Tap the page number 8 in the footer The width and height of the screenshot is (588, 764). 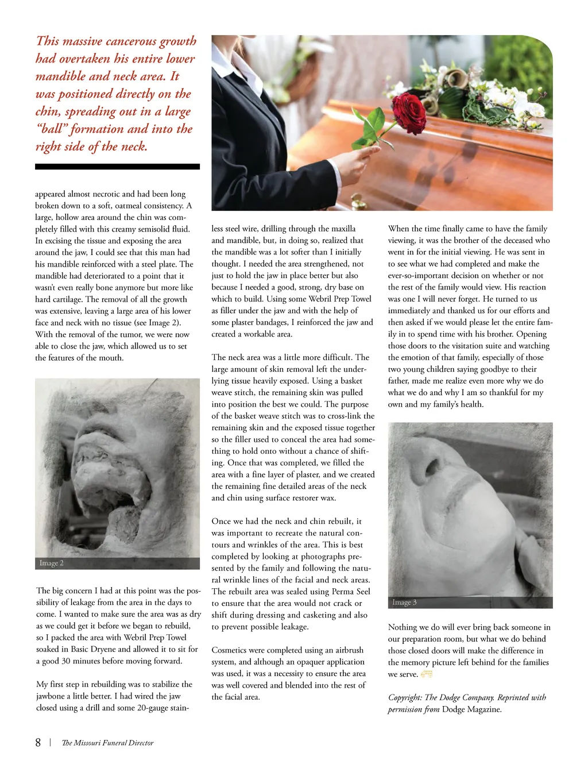[x=38, y=742]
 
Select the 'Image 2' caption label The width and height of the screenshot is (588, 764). [x=52, y=563]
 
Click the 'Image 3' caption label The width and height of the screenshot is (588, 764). [x=404, y=602]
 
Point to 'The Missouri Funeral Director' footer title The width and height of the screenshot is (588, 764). [x=107, y=743]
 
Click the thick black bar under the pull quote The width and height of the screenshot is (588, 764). [x=117, y=167]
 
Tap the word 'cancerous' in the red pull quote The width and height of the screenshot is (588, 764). [x=133, y=41]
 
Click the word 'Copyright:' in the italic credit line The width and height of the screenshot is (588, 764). [x=405, y=697]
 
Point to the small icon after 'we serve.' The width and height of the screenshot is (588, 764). [x=426, y=674]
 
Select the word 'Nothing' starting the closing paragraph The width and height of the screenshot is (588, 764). [x=404, y=627]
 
